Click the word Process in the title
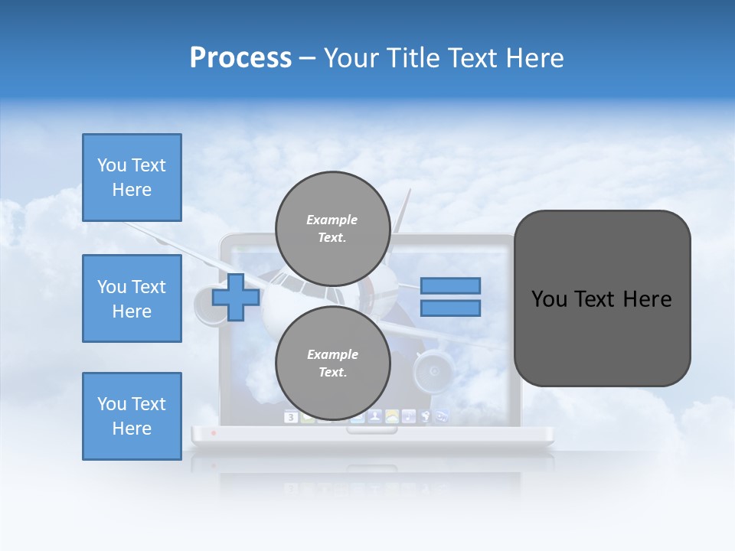click(x=240, y=58)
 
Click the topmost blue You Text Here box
click(x=132, y=178)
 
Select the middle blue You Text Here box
click(x=132, y=298)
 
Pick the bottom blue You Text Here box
click(x=132, y=416)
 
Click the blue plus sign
click(x=236, y=297)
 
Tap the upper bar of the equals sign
click(x=450, y=285)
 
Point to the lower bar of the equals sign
click(x=450, y=308)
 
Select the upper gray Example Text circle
click(x=332, y=228)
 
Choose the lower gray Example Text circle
click(x=332, y=363)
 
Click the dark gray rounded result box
click(x=602, y=298)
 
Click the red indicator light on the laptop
click(x=214, y=434)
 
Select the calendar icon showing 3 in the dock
click(x=291, y=417)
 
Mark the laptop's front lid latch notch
click(x=372, y=430)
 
